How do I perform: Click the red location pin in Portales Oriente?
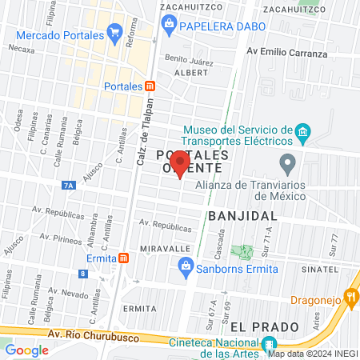point(180,166)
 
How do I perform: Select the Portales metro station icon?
point(150,86)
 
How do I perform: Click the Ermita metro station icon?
point(123,258)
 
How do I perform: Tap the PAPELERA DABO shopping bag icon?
point(170,26)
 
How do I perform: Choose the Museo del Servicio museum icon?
point(302,131)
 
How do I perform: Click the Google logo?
point(26,350)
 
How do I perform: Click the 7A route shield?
point(69,186)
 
